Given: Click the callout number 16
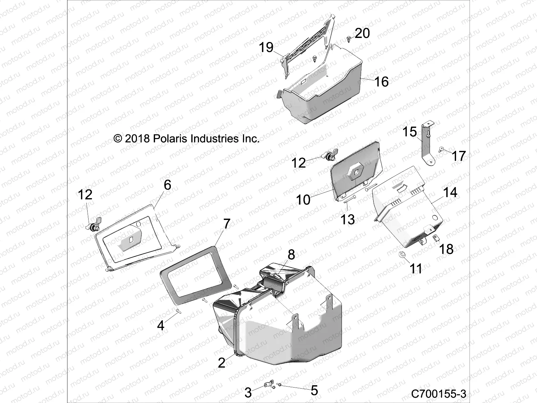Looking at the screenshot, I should point(381,82).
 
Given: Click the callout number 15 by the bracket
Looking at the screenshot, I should point(409,132).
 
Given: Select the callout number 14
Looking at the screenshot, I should point(450,192).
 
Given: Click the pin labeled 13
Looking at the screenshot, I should point(349,200).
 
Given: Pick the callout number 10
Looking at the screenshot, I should point(303,200).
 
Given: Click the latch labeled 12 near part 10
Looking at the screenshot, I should point(329,156).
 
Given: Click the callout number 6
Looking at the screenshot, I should point(167,185).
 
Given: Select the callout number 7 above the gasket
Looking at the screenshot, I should point(227,224).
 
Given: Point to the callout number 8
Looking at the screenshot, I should point(291,255).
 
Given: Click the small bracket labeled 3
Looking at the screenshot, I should point(268,384).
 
